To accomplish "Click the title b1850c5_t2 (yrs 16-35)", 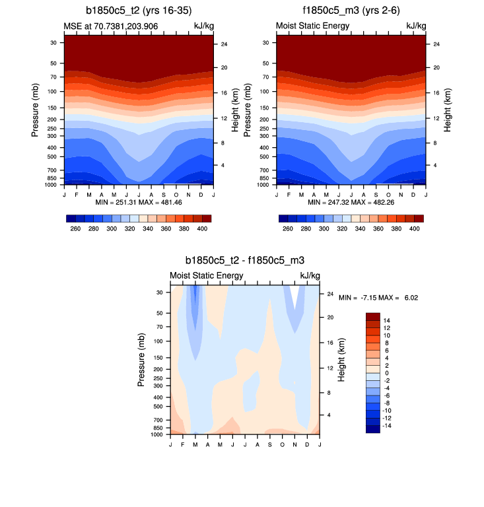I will (137, 11).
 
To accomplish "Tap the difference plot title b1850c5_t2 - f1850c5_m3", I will (244, 261).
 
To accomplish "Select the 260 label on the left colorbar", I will (75, 228).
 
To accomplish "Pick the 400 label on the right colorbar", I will (415, 228).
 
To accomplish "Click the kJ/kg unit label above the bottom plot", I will (310, 275).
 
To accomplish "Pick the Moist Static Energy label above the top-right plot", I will (312, 26).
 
